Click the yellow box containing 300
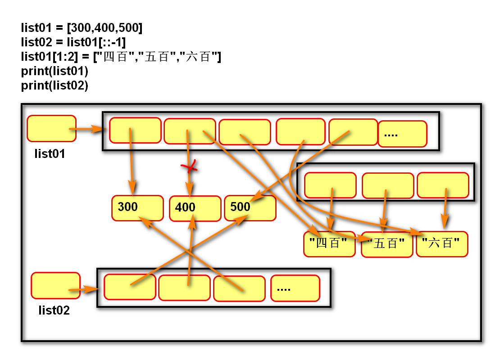point(137,208)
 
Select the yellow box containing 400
point(195,208)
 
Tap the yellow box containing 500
point(250,208)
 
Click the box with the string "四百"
point(329,244)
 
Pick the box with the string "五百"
point(387,244)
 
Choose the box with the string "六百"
point(442,244)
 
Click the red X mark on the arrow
point(190,167)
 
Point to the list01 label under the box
point(50,154)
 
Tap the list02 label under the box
point(54,310)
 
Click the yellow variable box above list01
point(51,129)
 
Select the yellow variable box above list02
point(55,285)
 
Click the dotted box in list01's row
point(402,134)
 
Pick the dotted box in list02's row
point(295,288)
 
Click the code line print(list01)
point(54,71)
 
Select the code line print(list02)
point(54,85)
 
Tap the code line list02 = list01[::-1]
point(73,42)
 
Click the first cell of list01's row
point(135,130)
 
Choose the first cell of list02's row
point(130,286)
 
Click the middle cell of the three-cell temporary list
point(387,185)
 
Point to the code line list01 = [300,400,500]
point(82,28)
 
